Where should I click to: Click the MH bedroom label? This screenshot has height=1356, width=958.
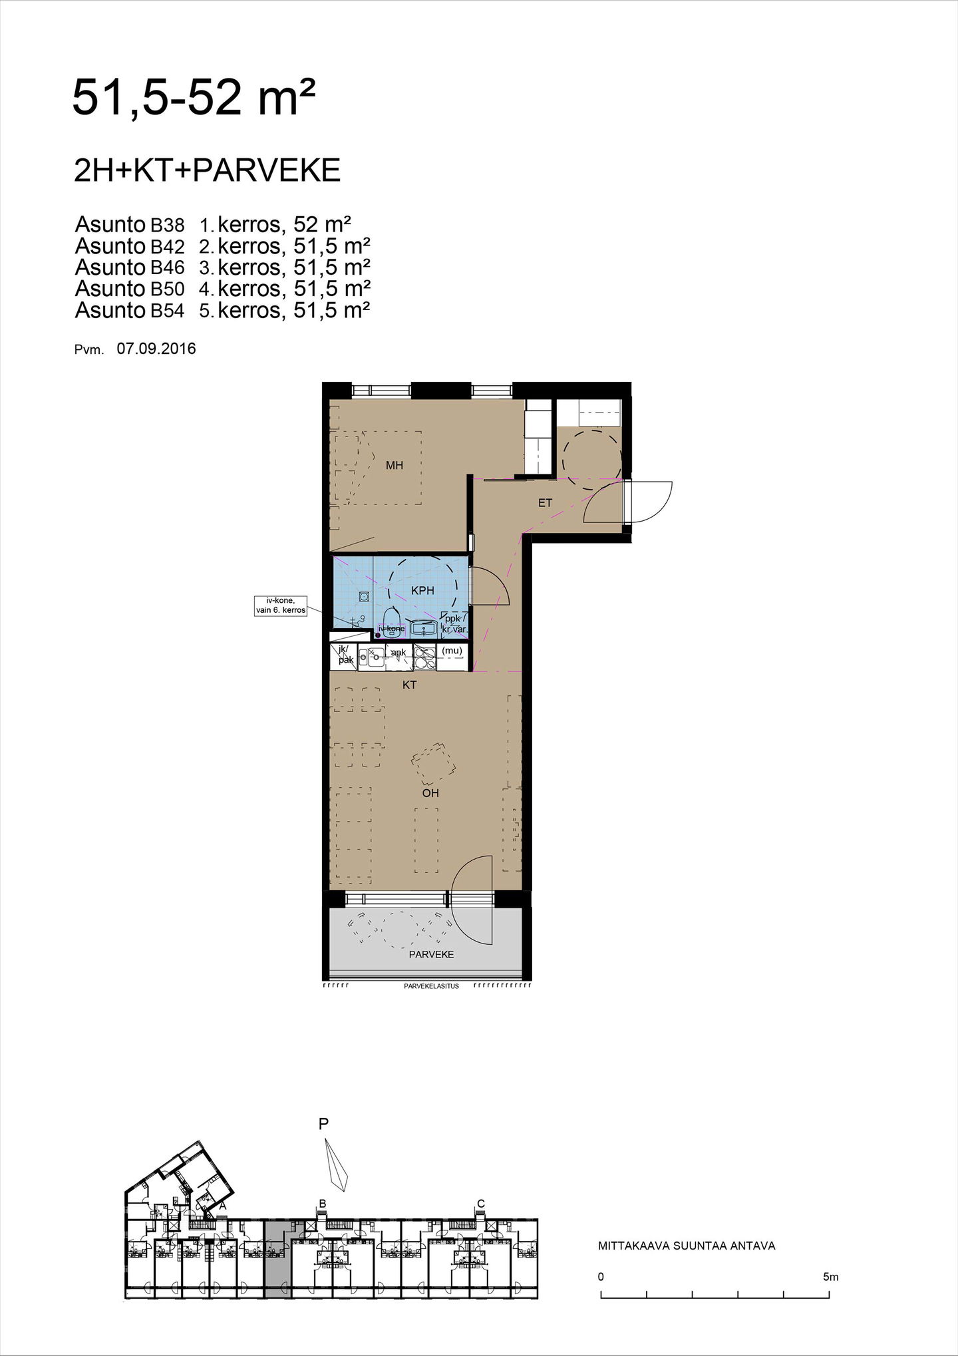point(395,466)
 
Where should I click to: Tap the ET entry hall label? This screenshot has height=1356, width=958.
point(546,503)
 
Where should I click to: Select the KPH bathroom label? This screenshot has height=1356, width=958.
point(422,590)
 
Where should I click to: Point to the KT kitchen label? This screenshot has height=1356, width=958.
point(409,685)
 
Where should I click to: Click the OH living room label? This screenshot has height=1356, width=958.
point(430,793)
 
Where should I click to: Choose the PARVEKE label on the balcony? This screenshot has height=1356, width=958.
point(432,954)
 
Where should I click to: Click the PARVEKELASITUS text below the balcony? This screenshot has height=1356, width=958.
point(431,986)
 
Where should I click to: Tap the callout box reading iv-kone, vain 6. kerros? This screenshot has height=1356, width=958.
point(281,605)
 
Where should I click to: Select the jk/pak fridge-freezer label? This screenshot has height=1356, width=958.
point(345,655)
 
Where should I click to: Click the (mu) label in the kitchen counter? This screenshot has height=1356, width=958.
point(452,651)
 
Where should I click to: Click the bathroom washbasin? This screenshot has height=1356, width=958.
point(423,627)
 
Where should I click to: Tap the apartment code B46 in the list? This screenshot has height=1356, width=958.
point(167,268)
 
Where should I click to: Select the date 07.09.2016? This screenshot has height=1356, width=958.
point(156,349)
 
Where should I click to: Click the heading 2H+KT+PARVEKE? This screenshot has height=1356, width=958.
point(208,171)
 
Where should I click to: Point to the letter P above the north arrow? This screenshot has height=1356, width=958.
point(324,1124)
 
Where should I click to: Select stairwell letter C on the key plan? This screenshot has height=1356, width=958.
point(481,1203)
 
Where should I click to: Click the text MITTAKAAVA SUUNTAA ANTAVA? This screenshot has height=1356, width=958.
point(687,1246)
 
